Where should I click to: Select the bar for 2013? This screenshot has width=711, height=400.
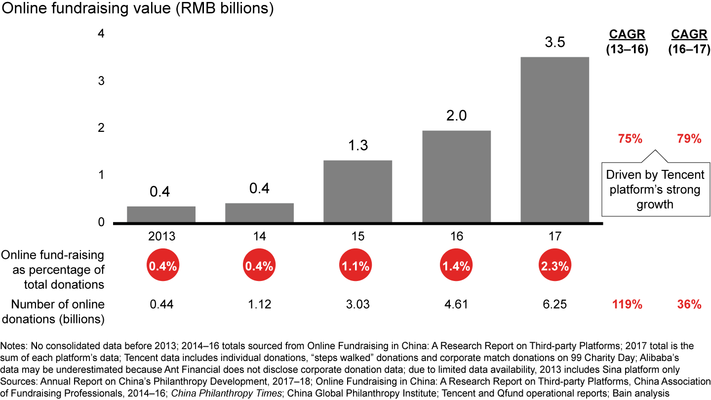161,214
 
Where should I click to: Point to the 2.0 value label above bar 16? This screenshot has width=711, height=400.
456,116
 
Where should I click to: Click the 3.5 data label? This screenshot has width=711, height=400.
555,42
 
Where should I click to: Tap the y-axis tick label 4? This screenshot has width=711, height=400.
101,34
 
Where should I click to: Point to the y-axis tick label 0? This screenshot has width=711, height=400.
101,222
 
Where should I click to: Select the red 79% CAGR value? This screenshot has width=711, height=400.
689,139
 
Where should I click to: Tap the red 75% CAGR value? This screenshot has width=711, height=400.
630,139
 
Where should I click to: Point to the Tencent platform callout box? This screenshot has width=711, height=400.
655,189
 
